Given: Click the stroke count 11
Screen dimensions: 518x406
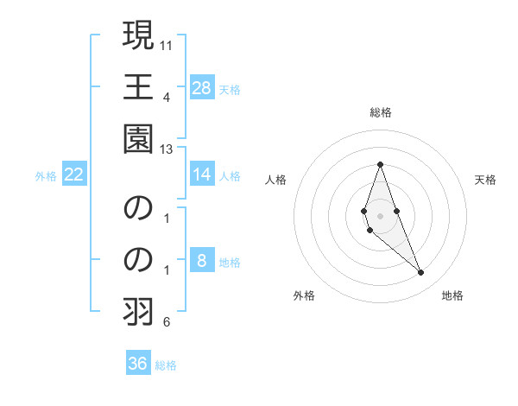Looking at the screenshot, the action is pyautogui.click(x=167, y=43).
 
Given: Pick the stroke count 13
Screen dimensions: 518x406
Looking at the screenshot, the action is pyautogui.click(x=167, y=149).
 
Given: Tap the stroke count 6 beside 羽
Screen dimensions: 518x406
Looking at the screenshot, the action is pyautogui.click(x=167, y=323).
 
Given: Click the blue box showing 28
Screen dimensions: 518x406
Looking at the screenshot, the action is pyautogui.click(x=202, y=87).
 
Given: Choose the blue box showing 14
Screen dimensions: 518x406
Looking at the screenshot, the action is pyautogui.click(x=202, y=174).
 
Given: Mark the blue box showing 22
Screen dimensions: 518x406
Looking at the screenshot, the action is pyautogui.click(x=74, y=174).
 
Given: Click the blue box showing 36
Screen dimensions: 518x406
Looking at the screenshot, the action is pyautogui.click(x=138, y=364).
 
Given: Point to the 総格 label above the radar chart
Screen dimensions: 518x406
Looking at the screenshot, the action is pyautogui.click(x=381, y=112).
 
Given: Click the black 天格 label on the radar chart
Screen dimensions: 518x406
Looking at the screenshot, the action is pyautogui.click(x=486, y=180).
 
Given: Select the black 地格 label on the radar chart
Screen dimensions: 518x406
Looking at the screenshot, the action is pyautogui.click(x=452, y=295).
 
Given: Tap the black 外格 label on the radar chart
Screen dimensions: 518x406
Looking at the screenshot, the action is pyautogui.click(x=304, y=295).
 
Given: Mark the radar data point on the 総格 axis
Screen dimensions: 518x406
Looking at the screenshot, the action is pyautogui.click(x=380, y=164).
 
